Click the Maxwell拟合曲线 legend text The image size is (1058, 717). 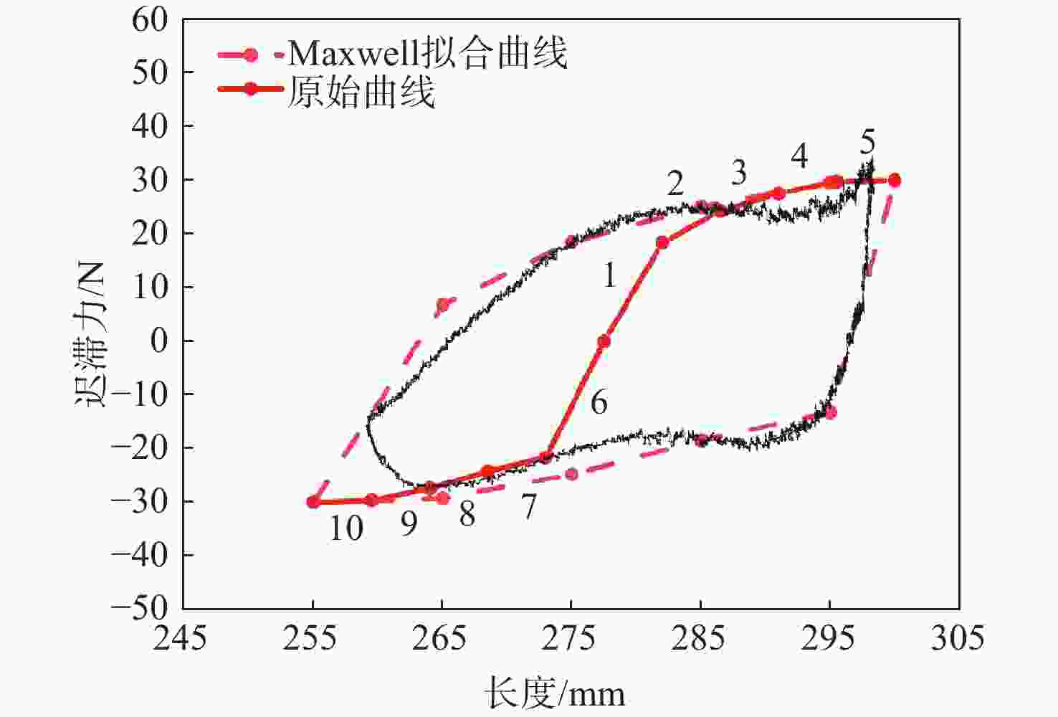[427, 52]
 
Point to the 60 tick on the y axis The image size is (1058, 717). [150, 19]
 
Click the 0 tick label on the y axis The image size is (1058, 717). [159, 340]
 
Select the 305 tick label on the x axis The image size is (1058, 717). [958, 637]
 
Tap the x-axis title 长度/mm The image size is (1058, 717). [554, 693]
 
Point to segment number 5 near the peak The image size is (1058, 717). [867, 143]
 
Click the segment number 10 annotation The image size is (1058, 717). [346, 528]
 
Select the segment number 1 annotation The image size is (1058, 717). [609, 275]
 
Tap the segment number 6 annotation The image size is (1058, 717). [599, 403]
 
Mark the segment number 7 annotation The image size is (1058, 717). [528, 508]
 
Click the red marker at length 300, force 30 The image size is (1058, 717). [894, 181]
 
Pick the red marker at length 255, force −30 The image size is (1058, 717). [313, 502]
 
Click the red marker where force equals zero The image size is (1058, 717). [604, 341]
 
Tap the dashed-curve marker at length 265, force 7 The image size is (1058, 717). [443, 305]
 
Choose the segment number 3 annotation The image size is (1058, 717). [738, 173]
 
